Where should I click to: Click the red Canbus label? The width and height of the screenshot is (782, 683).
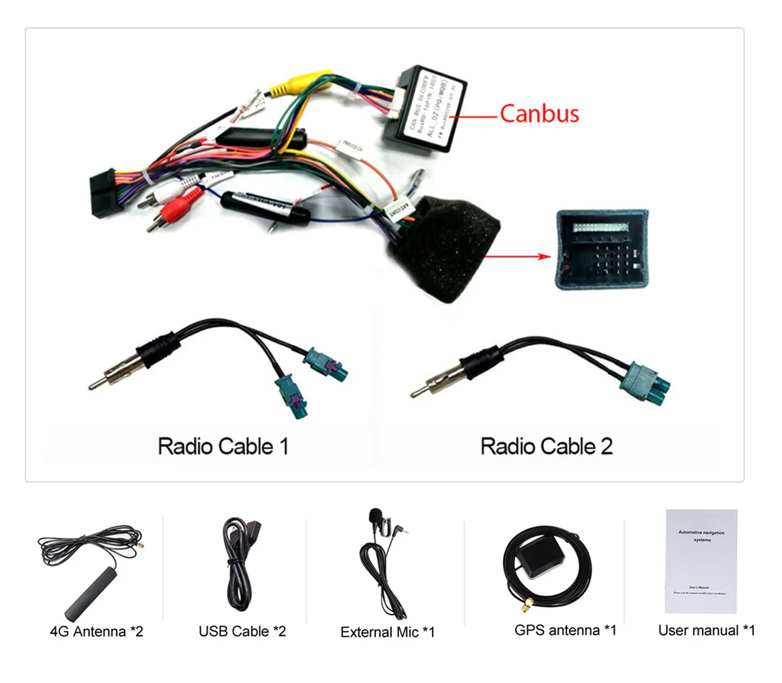(x=539, y=113)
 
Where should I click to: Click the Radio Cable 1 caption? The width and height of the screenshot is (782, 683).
(x=223, y=447)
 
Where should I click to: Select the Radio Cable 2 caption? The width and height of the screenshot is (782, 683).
(x=546, y=447)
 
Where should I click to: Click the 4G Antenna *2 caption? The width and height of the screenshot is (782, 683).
(x=96, y=631)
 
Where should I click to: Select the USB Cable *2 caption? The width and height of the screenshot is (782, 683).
(x=242, y=631)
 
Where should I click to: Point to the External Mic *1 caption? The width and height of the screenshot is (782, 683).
(x=387, y=632)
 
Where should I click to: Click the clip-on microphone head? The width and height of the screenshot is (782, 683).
(x=375, y=516)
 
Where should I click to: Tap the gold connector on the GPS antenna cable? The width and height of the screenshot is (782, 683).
(x=525, y=608)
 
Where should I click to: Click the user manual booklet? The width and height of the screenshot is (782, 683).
(x=701, y=561)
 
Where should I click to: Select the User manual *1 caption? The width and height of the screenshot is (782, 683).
(x=706, y=630)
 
